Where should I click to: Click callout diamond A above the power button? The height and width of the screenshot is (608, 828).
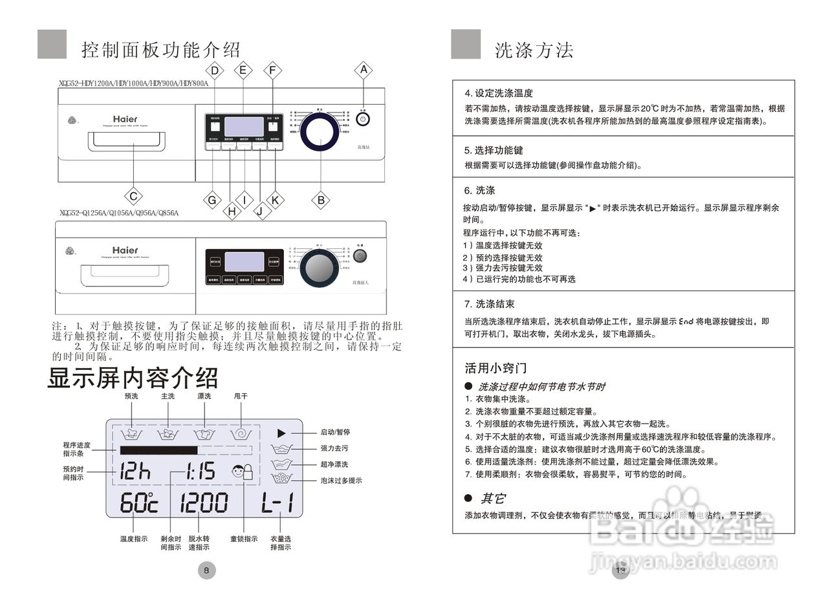tap(364, 70)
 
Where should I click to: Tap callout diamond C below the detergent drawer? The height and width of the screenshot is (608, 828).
tap(133, 196)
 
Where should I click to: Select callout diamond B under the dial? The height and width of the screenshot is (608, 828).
tap(321, 200)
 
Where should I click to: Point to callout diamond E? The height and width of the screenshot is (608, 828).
tap(243, 70)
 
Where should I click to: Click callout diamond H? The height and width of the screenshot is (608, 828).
tap(231, 210)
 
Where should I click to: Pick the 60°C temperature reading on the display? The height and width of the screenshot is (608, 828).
tap(138, 503)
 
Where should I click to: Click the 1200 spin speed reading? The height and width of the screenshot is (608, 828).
tap(204, 503)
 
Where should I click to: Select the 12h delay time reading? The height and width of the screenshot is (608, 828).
tap(135, 472)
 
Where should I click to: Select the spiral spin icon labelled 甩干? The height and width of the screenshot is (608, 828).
tap(241, 434)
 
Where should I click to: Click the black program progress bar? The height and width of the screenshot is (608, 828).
tap(158, 450)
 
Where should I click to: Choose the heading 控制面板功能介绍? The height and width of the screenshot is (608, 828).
tap(161, 50)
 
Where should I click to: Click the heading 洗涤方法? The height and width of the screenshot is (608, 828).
tap(534, 50)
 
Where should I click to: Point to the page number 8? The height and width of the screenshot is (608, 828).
tap(206, 570)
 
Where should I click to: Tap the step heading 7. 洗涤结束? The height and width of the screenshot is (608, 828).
tap(489, 304)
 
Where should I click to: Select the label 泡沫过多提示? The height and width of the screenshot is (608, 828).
tap(341, 481)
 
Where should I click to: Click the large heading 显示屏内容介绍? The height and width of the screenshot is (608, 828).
tap(133, 378)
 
